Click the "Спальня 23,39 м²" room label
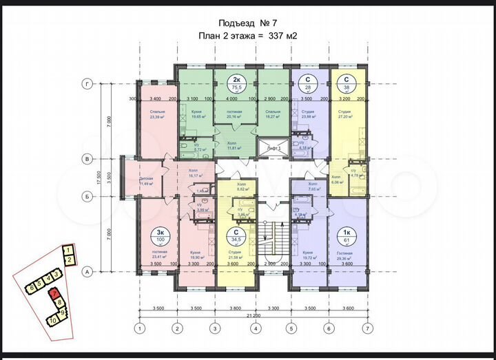pyautogui.click(x=156, y=114)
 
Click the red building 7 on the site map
pyautogui.click(x=54, y=294)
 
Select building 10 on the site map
pyautogui.click(x=52, y=320)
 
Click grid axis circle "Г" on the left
pyautogui.click(x=87, y=83)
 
